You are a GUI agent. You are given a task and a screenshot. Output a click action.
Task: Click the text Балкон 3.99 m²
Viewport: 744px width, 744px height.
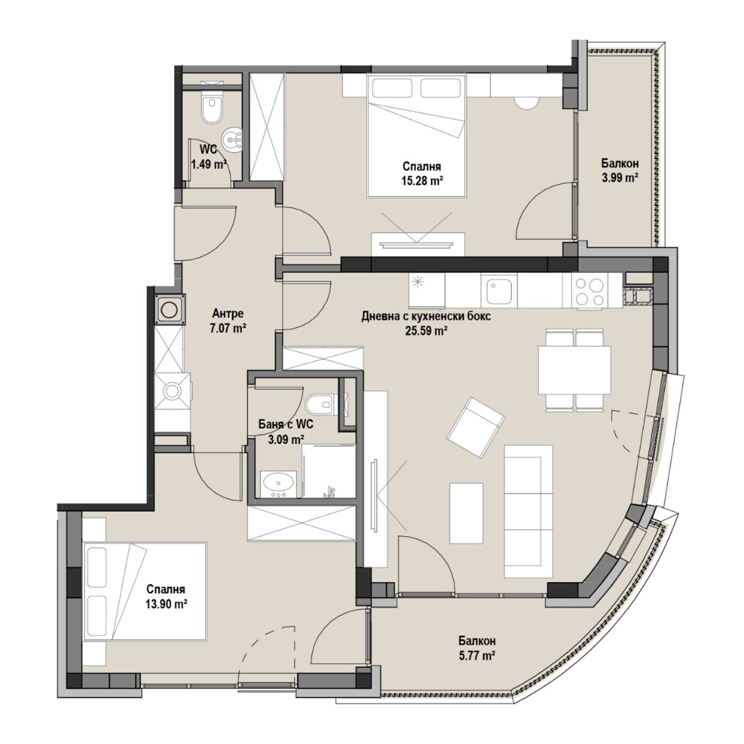[620, 170]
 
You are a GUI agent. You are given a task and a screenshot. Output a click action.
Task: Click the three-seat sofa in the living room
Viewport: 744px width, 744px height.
[528, 511]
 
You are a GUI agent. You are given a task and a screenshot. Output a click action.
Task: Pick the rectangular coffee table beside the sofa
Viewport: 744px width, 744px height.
[466, 514]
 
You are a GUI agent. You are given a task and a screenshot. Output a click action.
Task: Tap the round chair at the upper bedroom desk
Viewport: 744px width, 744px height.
[526, 102]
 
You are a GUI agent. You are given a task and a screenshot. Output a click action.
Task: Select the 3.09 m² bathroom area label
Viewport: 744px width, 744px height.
[286, 438]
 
